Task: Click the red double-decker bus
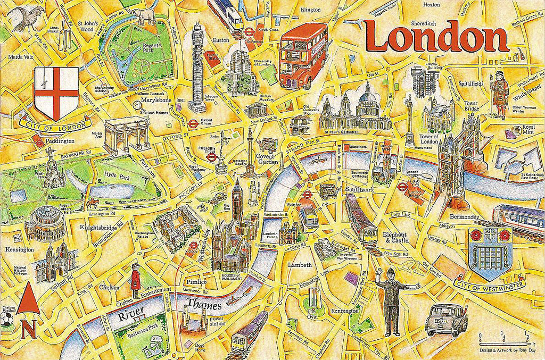[302, 55]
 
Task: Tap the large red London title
[436, 38]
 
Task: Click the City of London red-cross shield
[56, 93]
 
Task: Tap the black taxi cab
[446, 319]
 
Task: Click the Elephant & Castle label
[395, 237]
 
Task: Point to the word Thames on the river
[204, 307]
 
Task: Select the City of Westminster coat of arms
[489, 253]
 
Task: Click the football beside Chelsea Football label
[6, 319]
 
